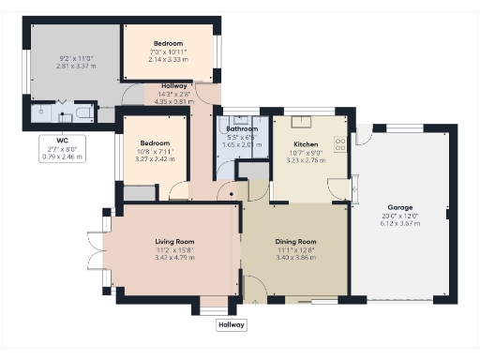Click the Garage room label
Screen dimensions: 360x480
[400, 207]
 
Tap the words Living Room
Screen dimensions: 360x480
[174, 242]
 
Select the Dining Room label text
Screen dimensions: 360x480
[296, 242]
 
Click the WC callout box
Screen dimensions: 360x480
[63, 148]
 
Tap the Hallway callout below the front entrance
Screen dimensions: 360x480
[232, 324]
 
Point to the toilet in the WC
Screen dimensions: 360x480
[82, 113]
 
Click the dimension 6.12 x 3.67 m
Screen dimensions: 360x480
[400, 223]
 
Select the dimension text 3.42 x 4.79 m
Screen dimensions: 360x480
[174, 257]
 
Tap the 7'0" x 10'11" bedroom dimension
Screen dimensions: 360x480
[168, 51]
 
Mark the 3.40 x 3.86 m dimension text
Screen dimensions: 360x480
[296, 257]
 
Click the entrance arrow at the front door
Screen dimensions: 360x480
[253, 303]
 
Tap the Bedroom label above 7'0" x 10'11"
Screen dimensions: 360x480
[169, 43]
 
